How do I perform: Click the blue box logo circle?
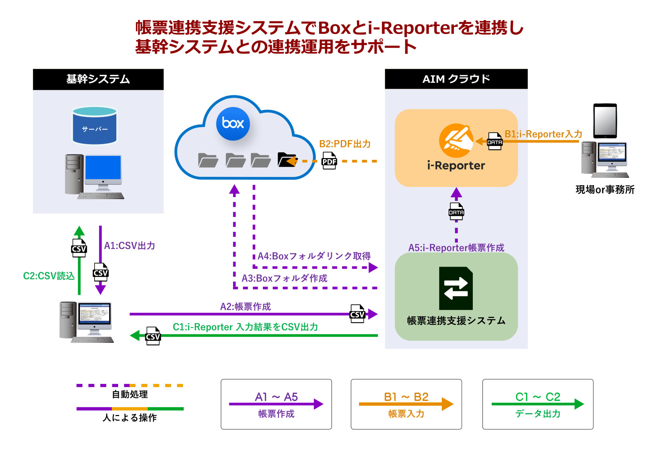point(233,123)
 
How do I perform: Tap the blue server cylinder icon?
point(95,126)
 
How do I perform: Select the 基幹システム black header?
point(98,79)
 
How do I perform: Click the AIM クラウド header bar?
point(456,79)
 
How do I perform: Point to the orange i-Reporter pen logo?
point(456,141)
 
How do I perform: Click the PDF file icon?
point(329,161)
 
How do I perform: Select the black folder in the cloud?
point(287,160)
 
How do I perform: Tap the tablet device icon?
point(605,121)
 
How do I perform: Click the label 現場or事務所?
point(605,189)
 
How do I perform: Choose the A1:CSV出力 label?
point(130,245)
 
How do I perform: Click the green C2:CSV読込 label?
point(49,276)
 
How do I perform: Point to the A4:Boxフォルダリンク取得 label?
point(314,256)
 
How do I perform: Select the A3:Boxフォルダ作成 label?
point(284,278)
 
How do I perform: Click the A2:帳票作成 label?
point(246,306)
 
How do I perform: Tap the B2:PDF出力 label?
point(345,144)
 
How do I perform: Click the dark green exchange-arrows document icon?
point(456,288)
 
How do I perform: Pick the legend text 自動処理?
point(130,394)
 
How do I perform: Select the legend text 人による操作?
point(130,417)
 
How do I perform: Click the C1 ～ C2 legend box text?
point(538,397)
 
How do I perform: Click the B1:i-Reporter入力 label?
point(543,134)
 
